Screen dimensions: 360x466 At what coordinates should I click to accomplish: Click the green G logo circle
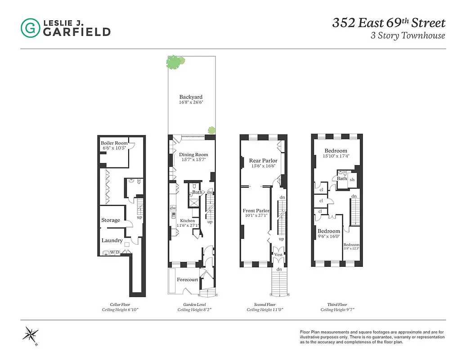30,28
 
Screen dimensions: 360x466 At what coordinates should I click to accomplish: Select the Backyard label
191,97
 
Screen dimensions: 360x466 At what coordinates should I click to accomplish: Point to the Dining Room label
193,155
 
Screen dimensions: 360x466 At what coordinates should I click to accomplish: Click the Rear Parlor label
263,161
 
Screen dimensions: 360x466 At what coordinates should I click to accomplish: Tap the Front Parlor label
256,211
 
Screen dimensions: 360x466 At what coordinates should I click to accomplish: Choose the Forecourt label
187,279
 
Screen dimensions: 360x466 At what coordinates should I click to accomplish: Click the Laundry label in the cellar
112,240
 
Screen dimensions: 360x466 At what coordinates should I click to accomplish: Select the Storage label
111,220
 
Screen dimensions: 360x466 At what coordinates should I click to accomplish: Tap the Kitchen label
188,220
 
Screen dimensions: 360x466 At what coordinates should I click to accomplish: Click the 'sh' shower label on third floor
352,179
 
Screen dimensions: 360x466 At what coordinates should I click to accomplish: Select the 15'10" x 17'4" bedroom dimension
336,156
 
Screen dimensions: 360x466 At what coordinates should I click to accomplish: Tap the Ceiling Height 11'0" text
265,310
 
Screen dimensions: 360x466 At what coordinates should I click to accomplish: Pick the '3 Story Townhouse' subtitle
408,36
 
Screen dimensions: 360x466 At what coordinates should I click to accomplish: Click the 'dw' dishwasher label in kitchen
173,208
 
